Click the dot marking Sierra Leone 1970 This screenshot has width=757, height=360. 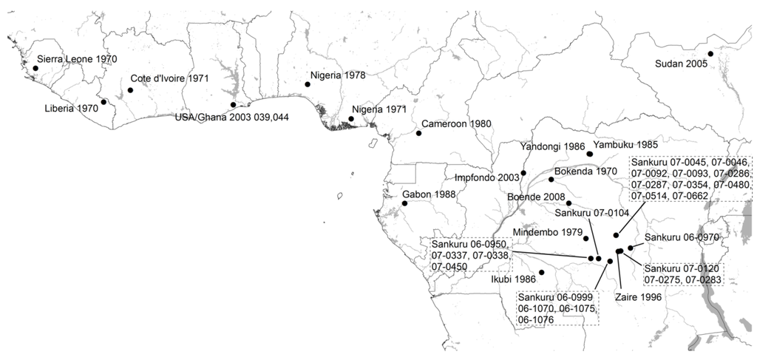(x=35, y=68)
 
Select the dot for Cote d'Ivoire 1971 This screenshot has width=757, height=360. (x=130, y=90)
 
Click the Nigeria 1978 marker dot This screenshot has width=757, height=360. (x=308, y=84)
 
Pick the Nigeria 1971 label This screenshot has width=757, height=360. (x=379, y=109)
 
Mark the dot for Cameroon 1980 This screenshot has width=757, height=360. (x=418, y=133)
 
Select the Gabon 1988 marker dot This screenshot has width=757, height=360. (x=404, y=203)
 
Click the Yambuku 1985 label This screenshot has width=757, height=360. (x=620, y=145)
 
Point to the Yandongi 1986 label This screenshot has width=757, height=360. (x=552, y=146)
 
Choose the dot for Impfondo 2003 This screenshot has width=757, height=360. (x=523, y=173)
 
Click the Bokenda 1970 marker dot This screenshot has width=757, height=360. (x=551, y=180)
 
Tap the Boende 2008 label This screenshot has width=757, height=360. (x=535, y=197)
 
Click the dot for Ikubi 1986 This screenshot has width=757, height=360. (x=542, y=272)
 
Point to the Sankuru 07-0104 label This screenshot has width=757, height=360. (x=592, y=213)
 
